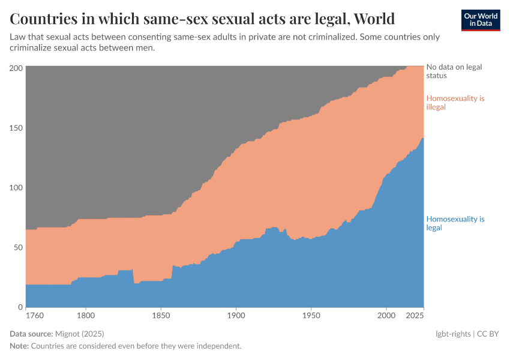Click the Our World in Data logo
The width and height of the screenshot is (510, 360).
click(480, 20)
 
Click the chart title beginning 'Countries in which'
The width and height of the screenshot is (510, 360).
click(202, 19)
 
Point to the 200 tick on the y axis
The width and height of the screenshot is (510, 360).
click(16, 68)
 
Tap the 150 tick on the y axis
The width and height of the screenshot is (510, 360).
click(16, 128)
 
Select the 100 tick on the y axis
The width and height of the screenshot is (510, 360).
click(16, 187)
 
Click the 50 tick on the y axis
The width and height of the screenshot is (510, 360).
click(18, 247)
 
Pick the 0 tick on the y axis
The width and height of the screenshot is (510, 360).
click(20, 307)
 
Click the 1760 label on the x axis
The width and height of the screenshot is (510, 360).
click(34, 315)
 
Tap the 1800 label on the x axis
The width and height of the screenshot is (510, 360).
click(86, 315)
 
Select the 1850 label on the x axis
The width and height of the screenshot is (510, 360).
click(161, 315)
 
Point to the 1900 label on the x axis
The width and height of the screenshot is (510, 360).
click(236, 315)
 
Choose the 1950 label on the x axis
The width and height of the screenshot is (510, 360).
click(311, 315)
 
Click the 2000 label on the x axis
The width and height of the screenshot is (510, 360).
click(386, 315)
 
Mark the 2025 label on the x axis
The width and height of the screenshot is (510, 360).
click(415, 315)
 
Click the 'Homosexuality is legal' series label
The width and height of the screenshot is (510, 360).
click(455, 223)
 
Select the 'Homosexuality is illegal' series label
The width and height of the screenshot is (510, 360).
click(455, 103)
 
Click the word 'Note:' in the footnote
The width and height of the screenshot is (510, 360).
click(19, 346)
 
